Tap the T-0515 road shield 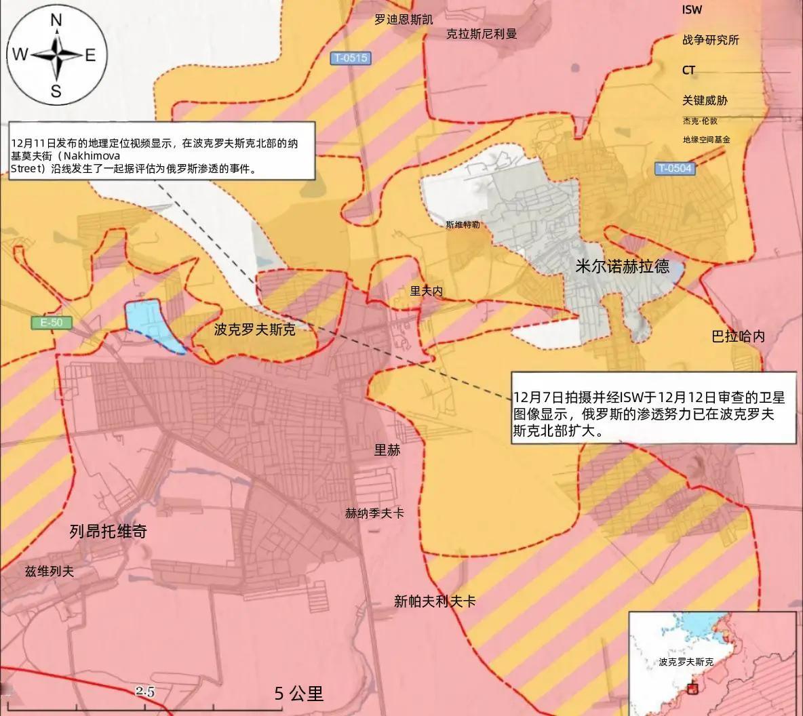[351, 58]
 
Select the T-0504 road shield [675, 167]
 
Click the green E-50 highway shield [51, 323]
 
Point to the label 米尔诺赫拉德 [622, 266]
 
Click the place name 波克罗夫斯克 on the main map [254, 330]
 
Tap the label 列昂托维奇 [108, 531]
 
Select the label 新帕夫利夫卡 [435, 601]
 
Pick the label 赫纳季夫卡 [374, 513]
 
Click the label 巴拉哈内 [738, 336]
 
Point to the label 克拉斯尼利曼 [482, 33]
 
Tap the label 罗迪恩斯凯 [404, 19]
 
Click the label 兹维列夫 [47, 571]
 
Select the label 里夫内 [426, 291]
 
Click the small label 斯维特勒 [463, 224]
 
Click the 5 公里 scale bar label [299, 693]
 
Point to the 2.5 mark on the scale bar [145, 692]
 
